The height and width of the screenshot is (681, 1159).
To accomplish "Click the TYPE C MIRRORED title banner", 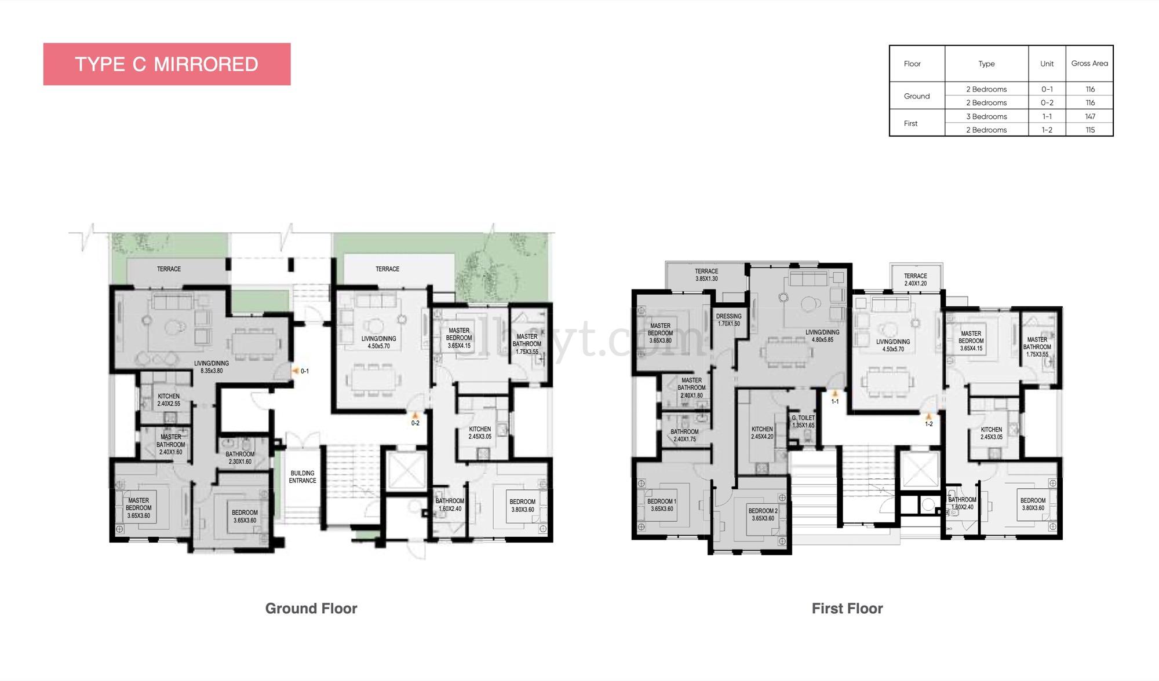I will pyautogui.click(x=167, y=64).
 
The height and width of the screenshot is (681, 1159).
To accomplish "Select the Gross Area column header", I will pyautogui.click(x=1089, y=64).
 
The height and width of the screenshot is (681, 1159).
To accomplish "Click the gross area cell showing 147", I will pyautogui.click(x=1089, y=116).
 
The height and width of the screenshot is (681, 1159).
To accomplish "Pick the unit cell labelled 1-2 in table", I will pyautogui.click(x=1047, y=130).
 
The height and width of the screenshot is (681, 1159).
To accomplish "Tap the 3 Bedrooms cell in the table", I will pyautogui.click(x=986, y=116).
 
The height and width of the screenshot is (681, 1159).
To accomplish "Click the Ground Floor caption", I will pyautogui.click(x=311, y=609).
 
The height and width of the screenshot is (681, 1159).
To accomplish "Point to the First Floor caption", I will pyautogui.click(x=847, y=609).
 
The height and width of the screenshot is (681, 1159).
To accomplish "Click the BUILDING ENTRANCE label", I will pyautogui.click(x=302, y=477).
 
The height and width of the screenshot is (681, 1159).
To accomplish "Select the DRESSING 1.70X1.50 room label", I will pyautogui.click(x=728, y=320).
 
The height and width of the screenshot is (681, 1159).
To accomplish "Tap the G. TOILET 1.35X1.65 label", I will pyautogui.click(x=803, y=422).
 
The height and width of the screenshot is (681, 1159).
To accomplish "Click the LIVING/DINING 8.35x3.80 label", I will pyautogui.click(x=212, y=367).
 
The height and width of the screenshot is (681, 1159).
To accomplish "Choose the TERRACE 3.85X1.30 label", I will pyautogui.click(x=706, y=275).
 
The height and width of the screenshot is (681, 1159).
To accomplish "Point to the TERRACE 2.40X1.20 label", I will pyautogui.click(x=915, y=280).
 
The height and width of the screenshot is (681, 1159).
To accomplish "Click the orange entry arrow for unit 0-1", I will pyautogui.click(x=296, y=371).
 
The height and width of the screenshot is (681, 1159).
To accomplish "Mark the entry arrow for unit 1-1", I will pyautogui.click(x=835, y=394).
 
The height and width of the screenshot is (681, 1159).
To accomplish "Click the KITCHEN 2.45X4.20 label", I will pyautogui.click(x=762, y=433).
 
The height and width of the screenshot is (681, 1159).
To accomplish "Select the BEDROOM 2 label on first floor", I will pyautogui.click(x=763, y=515).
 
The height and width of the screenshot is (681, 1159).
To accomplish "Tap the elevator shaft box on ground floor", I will pyautogui.click(x=406, y=471).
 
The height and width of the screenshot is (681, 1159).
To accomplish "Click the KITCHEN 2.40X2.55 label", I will pyautogui.click(x=169, y=400).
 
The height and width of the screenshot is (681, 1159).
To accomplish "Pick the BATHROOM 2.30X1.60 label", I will pyautogui.click(x=239, y=458).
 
